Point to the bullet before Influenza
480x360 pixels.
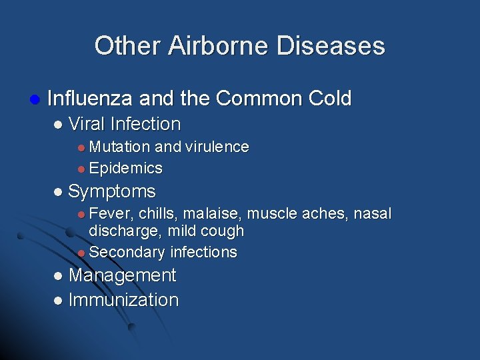(x=35, y=99)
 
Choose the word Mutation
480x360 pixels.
(x=120, y=147)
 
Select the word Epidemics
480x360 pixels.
(x=125, y=168)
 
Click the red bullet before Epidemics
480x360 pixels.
(x=81, y=169)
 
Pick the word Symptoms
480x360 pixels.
(x=111, y=192)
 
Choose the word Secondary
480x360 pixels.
(x=127, y=252)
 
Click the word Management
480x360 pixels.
(x=122, y=275)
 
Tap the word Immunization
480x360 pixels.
(x=123, y=300)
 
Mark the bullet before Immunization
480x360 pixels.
(x=57, y=301)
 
